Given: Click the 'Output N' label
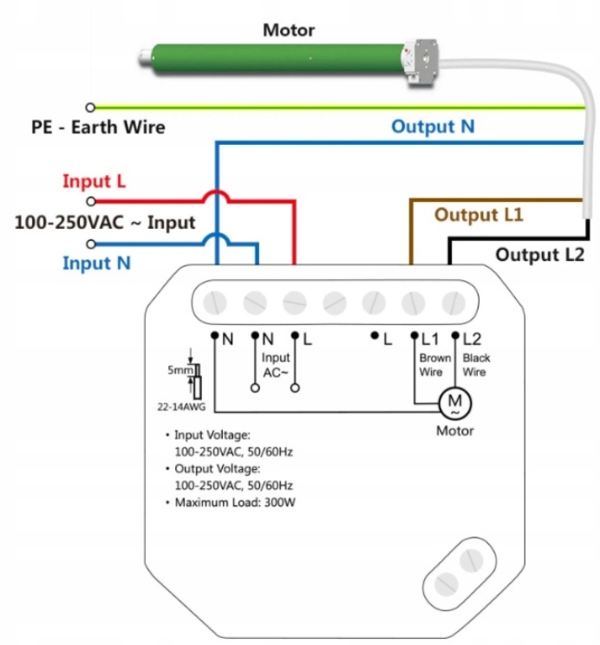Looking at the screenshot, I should (433, 127).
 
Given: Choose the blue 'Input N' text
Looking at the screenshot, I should (96, 263).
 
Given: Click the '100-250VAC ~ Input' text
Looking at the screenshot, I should (105, 223).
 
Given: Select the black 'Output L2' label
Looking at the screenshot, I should (540, 255).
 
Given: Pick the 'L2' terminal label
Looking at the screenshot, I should (473, 339).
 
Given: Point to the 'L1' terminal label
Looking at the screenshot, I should (431, 339).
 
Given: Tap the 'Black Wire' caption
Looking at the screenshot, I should (476, 365).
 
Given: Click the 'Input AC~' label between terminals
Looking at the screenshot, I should (276, 365).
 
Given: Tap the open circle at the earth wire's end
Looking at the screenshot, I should (89, 107).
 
